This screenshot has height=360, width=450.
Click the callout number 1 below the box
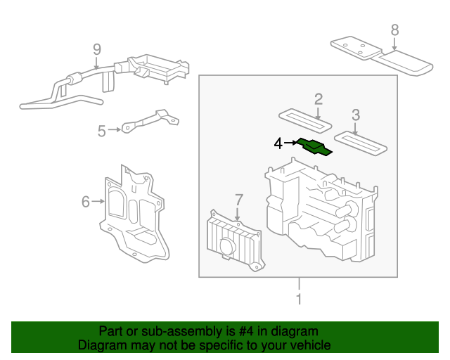click(x=299, y=300)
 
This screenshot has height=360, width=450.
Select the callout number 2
click(x=318, y=98)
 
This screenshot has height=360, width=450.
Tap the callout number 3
click(x=356, y=115)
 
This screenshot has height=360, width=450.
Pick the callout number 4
click(x=278, y=143)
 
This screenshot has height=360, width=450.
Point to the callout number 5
click(x=102, y=130)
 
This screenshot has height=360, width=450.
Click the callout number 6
click(x=86, y=202)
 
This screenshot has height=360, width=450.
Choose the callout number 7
click(x=238, y=199)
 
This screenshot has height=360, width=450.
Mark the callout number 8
click(x=394, y=30)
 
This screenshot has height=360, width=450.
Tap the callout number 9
click(x=97, y=49)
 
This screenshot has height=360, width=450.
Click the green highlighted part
click(x=314, y=146)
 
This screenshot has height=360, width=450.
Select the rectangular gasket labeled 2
click(x=305, y=118)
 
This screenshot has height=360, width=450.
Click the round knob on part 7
click(x=227, y=247)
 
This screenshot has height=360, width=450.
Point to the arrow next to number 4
click(x=290, y=143)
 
